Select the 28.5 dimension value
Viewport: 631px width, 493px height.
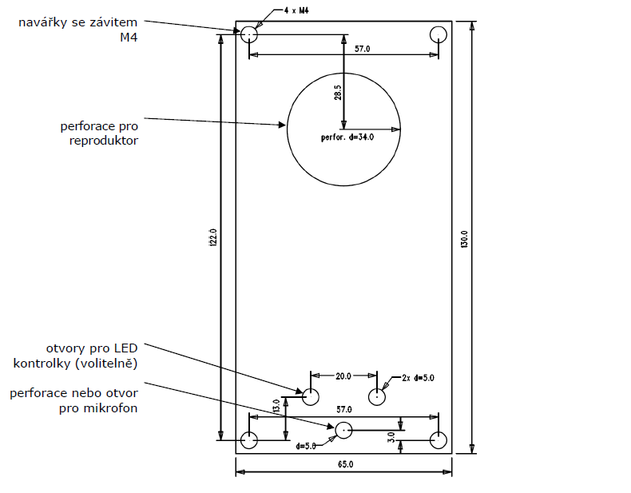click(x=338, y=92)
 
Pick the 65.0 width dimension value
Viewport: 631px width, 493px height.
click(x=345, y=464)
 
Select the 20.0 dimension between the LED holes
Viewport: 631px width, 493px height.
click(x=343, y=376)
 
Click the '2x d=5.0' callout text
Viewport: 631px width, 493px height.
click(x=419, y=377)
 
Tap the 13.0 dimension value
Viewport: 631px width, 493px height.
click(x=277, y=407)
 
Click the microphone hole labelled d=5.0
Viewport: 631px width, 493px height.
click(x=343, y=430)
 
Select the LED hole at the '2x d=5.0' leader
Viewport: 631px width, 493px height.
click(x=377, y=396)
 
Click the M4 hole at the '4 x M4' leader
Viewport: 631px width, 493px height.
click(x=249, y=34)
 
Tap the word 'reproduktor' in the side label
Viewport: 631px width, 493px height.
click(x=104, y=141)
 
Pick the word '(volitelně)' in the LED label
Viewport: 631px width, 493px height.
click(x=110, y=364)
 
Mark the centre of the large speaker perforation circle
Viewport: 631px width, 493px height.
click(x=344, y=129)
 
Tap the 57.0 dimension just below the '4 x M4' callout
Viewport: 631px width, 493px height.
click(x=363, y=49)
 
